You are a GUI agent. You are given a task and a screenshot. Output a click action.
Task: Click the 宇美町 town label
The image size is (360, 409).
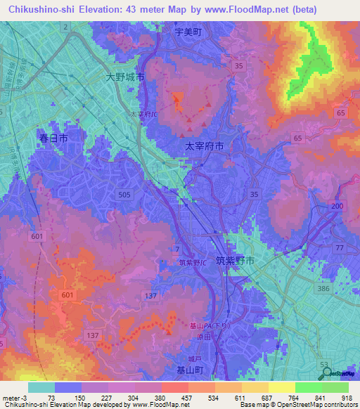tap(188, 32)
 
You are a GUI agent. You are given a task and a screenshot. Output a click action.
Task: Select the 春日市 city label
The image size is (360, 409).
tap(53, 138)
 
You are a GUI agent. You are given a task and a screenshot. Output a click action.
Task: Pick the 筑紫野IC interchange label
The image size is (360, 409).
tap(193, 263)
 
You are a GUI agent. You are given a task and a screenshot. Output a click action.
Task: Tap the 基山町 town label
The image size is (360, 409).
tap(190, 369)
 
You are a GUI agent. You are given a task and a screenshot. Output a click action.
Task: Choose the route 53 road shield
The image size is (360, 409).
tap(324, 363)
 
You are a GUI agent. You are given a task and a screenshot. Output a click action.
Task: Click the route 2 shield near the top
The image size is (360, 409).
tap(65, 27)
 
